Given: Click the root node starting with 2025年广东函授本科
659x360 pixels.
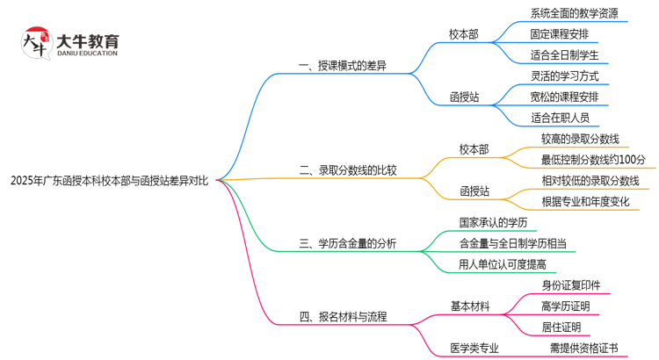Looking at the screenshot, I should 109,182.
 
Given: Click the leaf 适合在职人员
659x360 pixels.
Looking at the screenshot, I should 560,117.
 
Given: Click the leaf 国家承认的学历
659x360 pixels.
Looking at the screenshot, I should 492,223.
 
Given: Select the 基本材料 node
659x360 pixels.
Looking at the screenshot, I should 470,306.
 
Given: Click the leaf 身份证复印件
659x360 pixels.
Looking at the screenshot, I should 571,285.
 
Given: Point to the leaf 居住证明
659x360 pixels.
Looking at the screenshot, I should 561,327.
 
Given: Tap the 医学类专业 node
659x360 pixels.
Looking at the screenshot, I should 474,348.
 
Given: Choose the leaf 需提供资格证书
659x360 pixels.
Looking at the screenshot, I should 583,348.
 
